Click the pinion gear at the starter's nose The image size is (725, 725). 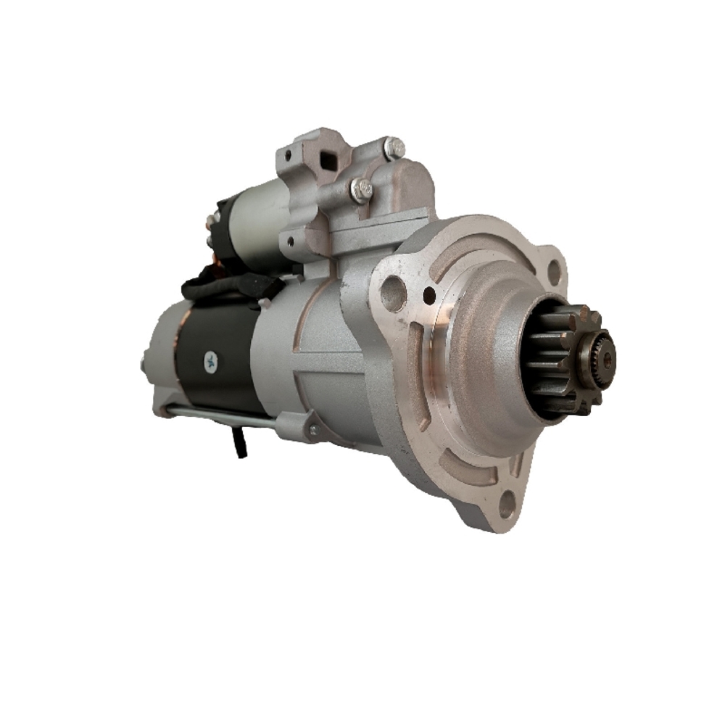click(569, 359)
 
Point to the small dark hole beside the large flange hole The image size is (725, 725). click(429, 295)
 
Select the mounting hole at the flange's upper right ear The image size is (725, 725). click(555, 271)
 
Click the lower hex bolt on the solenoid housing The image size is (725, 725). click(360, 190)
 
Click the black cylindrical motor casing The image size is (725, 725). click(217, 362)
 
